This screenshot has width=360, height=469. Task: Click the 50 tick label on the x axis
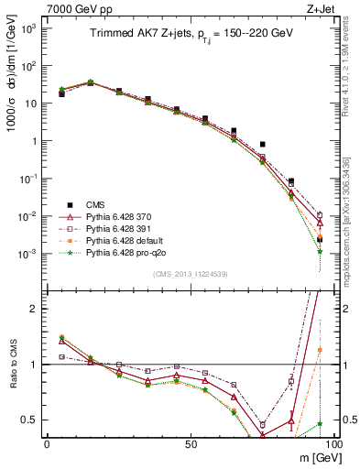[191, 443]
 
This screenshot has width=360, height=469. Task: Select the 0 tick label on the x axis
[47, 443]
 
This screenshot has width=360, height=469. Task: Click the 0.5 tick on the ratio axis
[29, 420]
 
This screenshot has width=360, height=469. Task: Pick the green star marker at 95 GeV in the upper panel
[320, 251]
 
